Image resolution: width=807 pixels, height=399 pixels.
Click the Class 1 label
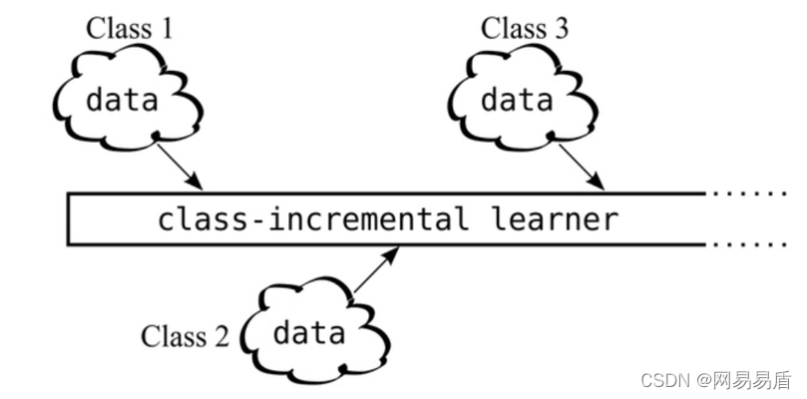point(129,27)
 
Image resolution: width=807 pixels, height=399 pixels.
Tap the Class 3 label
point(525,27)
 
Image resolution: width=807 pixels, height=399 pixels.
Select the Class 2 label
point(185,335)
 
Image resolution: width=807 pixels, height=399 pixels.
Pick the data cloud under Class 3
point(517,100)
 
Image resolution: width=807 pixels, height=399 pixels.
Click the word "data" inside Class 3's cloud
point(517,100)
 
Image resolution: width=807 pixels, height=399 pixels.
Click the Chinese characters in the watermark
point(750,380)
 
